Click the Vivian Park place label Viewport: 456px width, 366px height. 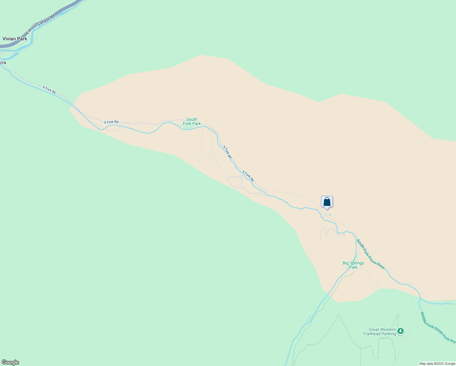15,39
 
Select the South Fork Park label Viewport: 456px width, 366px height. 192,121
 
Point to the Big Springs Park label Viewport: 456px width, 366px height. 353,265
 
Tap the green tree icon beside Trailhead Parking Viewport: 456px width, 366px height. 401,331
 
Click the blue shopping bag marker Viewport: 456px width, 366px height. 327,202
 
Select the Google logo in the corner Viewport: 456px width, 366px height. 10,362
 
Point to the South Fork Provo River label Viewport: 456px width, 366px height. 371,254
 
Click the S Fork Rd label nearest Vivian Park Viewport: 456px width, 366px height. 49,90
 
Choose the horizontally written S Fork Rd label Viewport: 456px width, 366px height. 111,122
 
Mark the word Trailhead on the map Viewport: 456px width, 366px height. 371,334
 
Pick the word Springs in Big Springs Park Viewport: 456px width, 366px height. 357,263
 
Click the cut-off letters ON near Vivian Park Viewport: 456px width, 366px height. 3,63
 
